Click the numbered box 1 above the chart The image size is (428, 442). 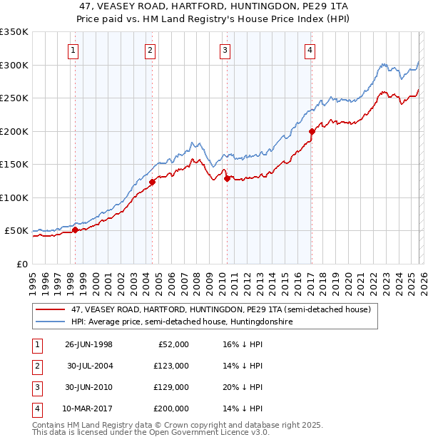tap(74, 50)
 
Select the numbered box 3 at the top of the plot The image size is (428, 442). tap(225, 50)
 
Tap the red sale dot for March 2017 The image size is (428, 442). tap(312, 131)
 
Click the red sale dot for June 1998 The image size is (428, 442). tap(76, 230)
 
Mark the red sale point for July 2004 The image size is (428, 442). tap(152, 183)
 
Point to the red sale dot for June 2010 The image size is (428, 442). tap(227, 179)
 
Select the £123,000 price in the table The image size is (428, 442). tap(172, 366)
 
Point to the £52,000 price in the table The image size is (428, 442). tap(174, 344)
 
